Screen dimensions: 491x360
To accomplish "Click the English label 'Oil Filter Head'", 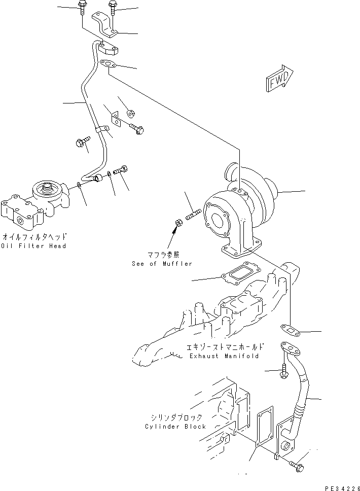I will pos(34,246).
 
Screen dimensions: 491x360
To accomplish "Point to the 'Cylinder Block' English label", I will pos(175,427).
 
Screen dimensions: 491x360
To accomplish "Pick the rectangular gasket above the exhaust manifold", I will pos(240,273).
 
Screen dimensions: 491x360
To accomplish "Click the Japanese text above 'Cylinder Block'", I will pos(175,417).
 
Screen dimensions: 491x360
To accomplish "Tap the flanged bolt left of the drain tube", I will pos(284,373).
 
